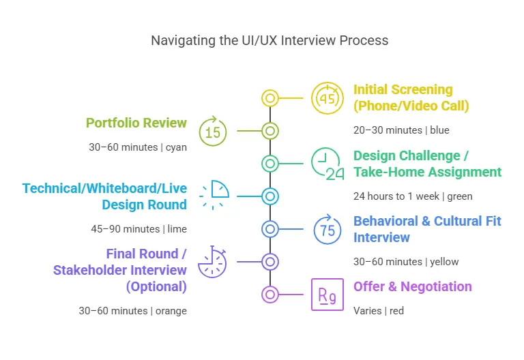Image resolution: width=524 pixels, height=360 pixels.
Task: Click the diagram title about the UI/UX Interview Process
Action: pyautogui.click(x=270, y=40)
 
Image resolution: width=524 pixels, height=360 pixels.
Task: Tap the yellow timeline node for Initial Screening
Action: pyautogui.click(x=270, y=98)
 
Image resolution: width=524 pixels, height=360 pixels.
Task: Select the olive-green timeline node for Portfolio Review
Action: pyautogui.click(x=270, y=131)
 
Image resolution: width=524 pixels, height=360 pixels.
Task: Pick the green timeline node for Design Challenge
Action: pyautogui.click(x=270, y=164)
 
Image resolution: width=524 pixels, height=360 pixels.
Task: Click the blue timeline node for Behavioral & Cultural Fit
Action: pyautogui.click(x=270, y=229)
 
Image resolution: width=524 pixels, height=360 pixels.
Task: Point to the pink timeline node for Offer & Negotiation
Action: pyautogui.click(x=270, y=295)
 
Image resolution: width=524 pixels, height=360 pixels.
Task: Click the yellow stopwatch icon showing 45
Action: pyautogui.click(x=327, y=98)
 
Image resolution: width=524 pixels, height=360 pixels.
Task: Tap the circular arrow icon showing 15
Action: pyautogui.click(x=213, y=131)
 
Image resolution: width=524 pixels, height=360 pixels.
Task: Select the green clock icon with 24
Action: pyautogui.click(x=327, y=164)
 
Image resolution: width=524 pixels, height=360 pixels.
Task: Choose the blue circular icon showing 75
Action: pyautogui.click(x=327, y=229)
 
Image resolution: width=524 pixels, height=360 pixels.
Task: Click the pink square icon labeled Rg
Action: pyautogui.click(x=327, y=295)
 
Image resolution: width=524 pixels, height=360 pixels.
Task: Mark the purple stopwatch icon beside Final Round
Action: pyautogui.click(x=213, y=262)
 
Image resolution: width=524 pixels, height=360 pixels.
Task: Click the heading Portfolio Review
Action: pyautogui.click(x=136, y=123)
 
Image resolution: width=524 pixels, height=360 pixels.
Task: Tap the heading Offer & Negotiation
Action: pyautogui.click(x=413, y=286)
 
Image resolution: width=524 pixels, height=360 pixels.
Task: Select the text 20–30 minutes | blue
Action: pyautogui.click(x=402, y=130)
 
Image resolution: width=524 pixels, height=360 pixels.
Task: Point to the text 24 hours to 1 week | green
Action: pyautogui.click(x=413, y=196)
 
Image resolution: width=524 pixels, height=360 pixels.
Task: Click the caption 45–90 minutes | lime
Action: pyautogui.click(x=138, y=228)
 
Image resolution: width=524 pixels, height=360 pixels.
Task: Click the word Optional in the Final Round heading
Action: pyautogui.click(x=156, y=286)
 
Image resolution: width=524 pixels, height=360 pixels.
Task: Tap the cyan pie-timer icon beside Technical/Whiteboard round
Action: pyautogui.click(x=214, y=195)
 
